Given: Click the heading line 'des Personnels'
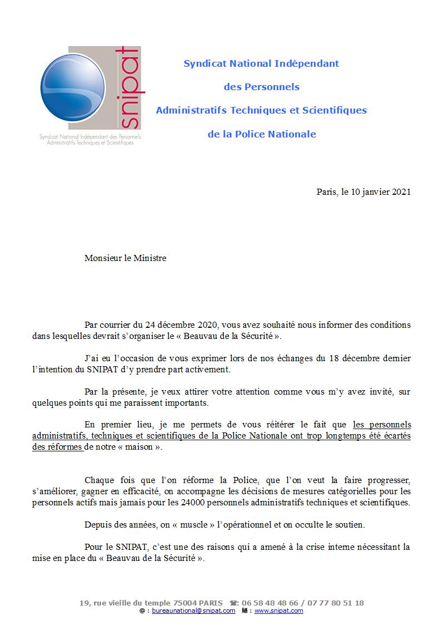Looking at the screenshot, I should click(261, 87).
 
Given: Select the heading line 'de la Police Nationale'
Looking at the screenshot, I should click(261, 134).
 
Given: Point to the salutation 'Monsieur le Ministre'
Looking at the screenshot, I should click(125, 258).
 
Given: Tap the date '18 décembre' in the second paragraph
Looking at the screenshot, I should click(355, 358).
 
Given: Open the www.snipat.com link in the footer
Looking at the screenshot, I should click(279, 611).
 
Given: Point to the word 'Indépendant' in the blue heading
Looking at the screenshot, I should click(307, 63).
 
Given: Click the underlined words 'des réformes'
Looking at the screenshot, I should click(57, 447).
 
